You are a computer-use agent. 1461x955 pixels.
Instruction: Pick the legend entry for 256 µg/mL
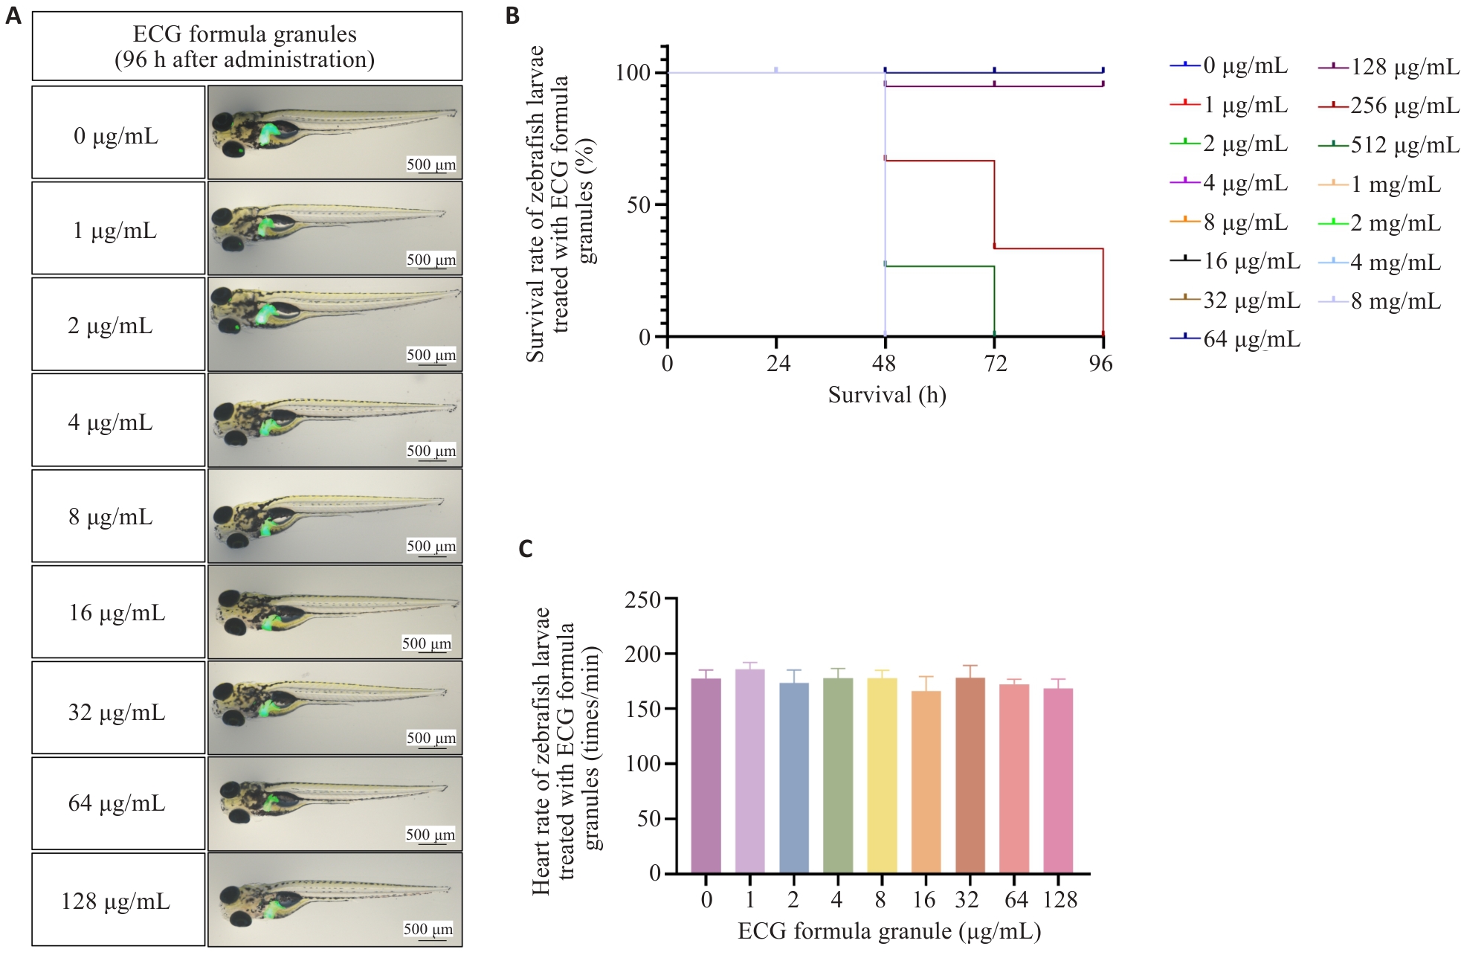coord(1389,106)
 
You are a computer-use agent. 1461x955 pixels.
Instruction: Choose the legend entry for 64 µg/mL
coord(1235,339)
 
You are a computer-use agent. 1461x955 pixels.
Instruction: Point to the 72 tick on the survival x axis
coord(995,363)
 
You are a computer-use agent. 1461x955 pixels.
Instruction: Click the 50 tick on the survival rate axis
coord(638,205)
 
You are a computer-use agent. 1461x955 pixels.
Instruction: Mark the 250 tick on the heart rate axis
coord(643,599)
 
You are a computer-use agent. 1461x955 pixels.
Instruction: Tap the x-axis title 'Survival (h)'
coord(887,395)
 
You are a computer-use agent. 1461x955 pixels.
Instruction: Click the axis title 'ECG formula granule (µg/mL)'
coord(888,931)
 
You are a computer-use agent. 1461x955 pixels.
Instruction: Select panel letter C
coord(526,549)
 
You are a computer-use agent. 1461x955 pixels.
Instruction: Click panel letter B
coord(512,16)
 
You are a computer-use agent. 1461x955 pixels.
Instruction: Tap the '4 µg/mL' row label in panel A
coord(111,422)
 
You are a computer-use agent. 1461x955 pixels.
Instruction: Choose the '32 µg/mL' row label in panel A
coord(117,712)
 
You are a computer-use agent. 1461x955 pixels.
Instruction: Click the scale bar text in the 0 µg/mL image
coord(431,164)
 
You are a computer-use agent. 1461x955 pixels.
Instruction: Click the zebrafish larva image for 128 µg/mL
coord(335,899)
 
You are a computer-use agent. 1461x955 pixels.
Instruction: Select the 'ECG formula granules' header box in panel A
coord(247,46)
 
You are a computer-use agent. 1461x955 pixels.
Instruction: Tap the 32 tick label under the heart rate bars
coord(967,900)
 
